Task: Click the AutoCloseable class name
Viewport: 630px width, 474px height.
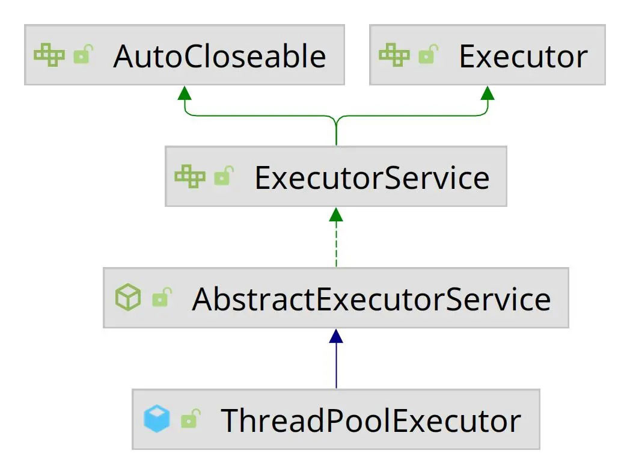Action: coord(220,56)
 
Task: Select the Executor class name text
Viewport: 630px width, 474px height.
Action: coord(523,56)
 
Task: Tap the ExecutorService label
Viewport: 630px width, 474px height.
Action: coord(372,177)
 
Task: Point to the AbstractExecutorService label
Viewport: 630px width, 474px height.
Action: coord(372,299)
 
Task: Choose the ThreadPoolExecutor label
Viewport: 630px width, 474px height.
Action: coord(371,420)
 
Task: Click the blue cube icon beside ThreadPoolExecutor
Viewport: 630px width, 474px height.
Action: coord(157,419)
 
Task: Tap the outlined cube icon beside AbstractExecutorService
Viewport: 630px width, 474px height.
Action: coord(128,298)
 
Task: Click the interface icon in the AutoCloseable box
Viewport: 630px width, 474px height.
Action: coord(49,55)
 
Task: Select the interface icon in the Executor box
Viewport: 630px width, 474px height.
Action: coord(394,55)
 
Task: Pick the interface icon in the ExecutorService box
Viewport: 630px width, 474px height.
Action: coord(190,176)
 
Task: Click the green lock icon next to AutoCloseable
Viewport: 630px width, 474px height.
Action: coord(84,54)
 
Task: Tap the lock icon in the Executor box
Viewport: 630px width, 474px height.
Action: coord(429,54)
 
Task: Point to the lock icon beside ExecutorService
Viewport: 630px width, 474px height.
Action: coord(224,176)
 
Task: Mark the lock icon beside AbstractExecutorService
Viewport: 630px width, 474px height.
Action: coord(162,298)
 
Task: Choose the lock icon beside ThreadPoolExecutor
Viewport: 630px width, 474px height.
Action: coord(191,419)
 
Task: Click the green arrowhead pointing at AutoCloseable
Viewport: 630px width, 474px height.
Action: coord(185,93)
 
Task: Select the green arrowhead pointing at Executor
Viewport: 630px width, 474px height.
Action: coord(488,93)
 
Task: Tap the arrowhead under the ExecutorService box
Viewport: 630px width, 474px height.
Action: coord(336,215)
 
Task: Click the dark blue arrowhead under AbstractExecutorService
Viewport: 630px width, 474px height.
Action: coord(336,336)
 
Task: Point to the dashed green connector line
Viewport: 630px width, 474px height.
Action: coord(336,244)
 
